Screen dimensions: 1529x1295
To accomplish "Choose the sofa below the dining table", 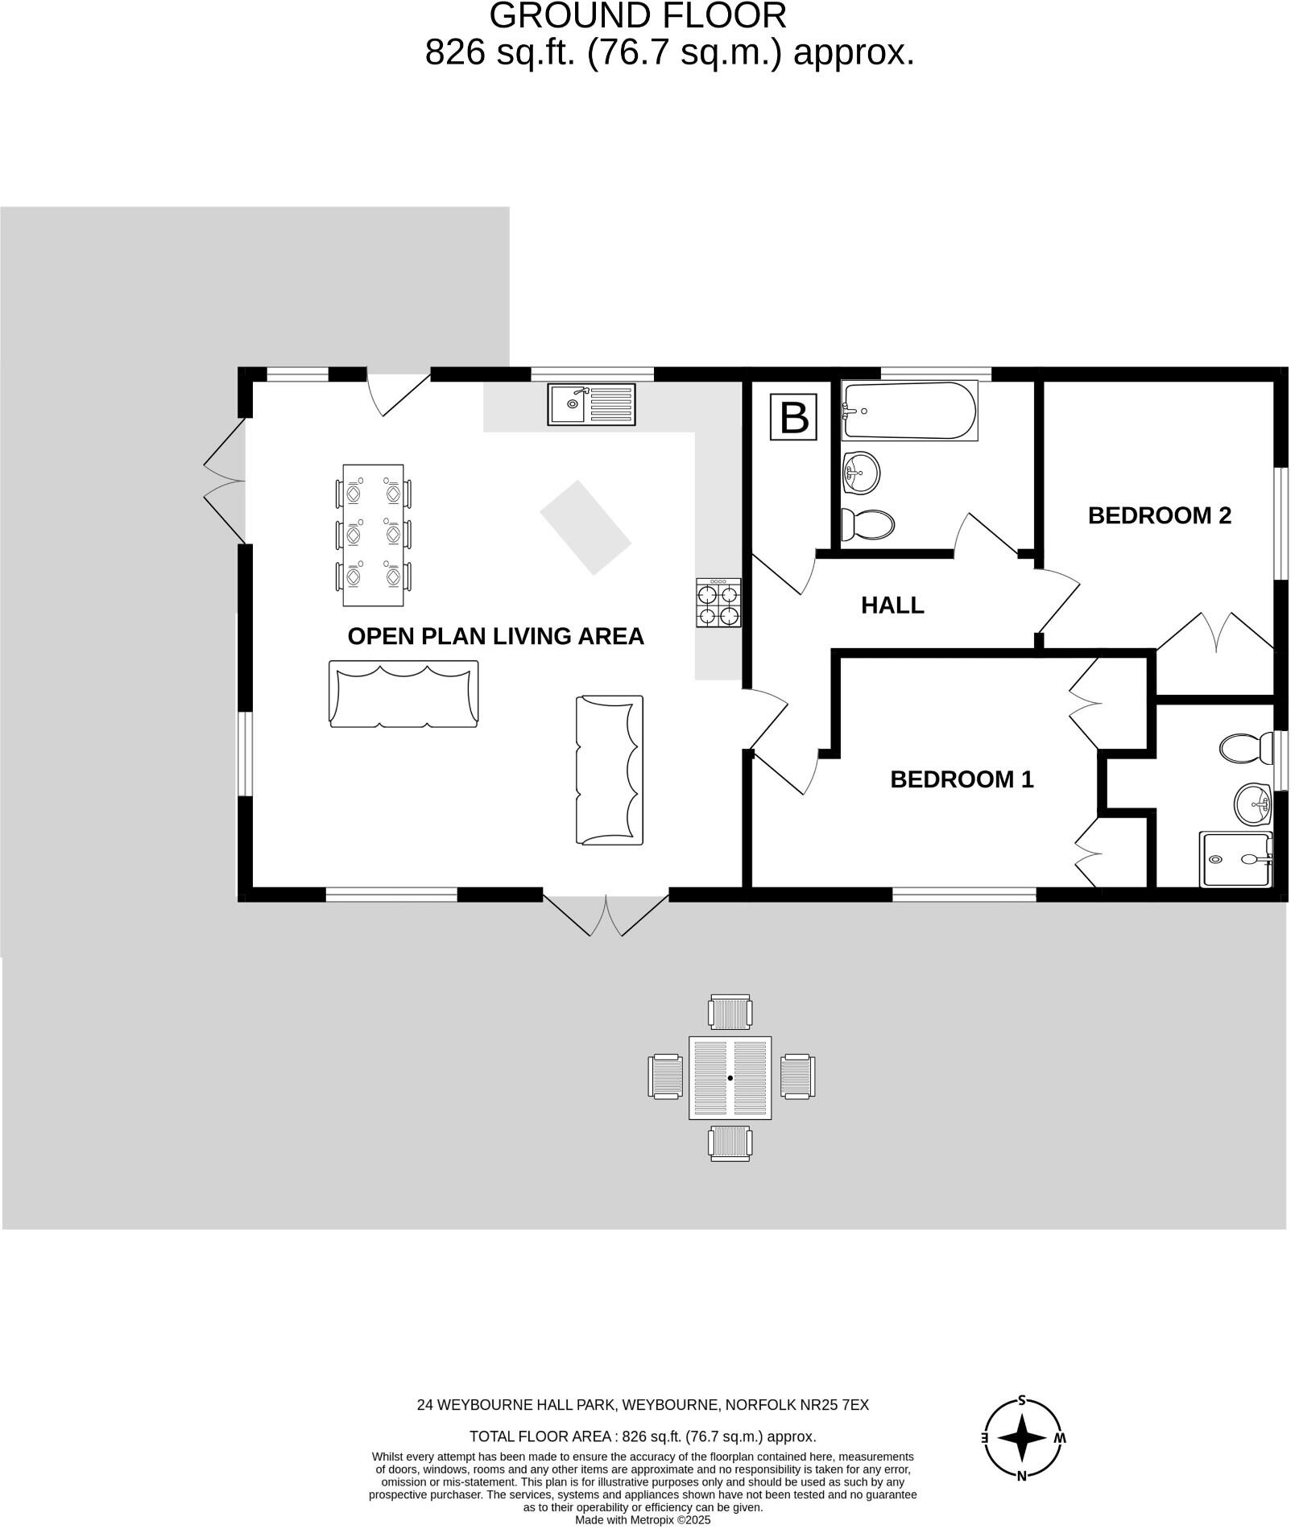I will (405, 697).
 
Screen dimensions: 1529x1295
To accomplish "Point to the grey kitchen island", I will (588, 530).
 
